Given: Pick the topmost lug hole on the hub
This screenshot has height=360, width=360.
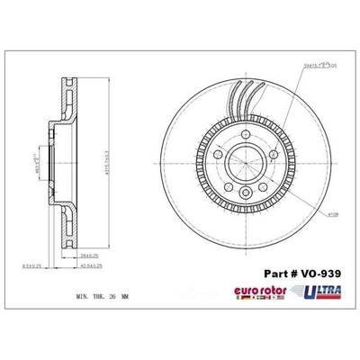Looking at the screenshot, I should coord(242,136).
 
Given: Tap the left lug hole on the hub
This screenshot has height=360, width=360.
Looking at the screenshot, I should coord(219,154).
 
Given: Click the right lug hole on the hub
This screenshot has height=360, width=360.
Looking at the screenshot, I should coord(266,154).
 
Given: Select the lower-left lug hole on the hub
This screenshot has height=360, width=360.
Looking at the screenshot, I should coord(228,182).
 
